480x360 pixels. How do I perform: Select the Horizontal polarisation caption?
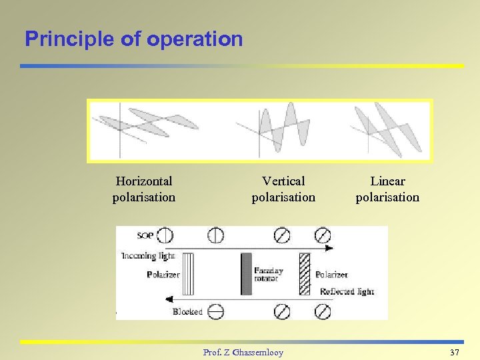pyautogui.click(x=144, y=189)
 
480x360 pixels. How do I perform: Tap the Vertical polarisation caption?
pyautogui.click(x=283, y=189)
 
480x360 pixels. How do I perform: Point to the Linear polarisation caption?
pyautogui.click(x=387, y=189)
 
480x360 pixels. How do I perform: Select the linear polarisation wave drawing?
pyautogui.click(x=388, y=128)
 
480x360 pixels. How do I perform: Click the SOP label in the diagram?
pyautogui.click(x=145, y=235)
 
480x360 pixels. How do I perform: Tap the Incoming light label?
pyautogui.click(x=148, y=255)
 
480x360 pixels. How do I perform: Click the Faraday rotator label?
pyautogui.click(x=269, y=275)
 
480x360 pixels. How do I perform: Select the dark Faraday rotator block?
pyautogui.click(x=246, y=273)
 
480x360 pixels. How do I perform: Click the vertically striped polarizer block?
pyautogui.click(x=188, y=273)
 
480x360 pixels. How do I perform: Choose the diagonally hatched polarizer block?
pyautogui.click(x=305, y=273)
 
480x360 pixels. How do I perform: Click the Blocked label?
pyautogui.click(x=187, y=311)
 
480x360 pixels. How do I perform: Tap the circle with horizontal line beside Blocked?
pyautogui.click(x=215, y=311)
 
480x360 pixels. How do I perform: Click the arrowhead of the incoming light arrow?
pyautogui.click(x=329, y=248)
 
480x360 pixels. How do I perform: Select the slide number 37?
pyautogui.click(x=455, y=351)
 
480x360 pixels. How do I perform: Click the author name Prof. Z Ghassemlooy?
pyautogui.click(x=243, y=352)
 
